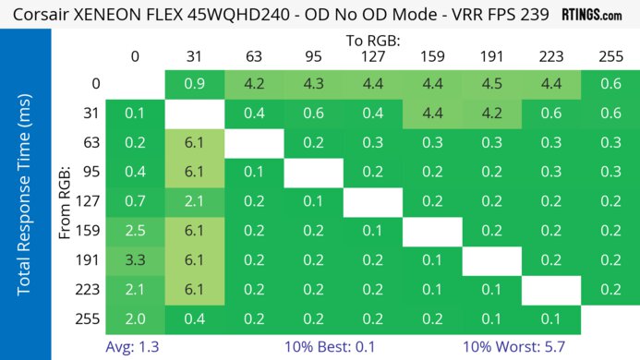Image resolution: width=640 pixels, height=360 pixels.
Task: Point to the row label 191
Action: pos(82,260)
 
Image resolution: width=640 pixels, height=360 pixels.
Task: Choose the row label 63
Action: pos(82,144)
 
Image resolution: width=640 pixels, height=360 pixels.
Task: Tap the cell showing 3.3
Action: pos(135,260)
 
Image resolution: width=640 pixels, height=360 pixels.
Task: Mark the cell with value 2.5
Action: pos(135,231)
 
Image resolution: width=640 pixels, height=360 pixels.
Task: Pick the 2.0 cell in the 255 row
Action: pos(135,318)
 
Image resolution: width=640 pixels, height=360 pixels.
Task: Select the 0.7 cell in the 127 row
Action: pos(135,202)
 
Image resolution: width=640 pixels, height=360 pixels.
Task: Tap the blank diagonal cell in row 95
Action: pos(313,173)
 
